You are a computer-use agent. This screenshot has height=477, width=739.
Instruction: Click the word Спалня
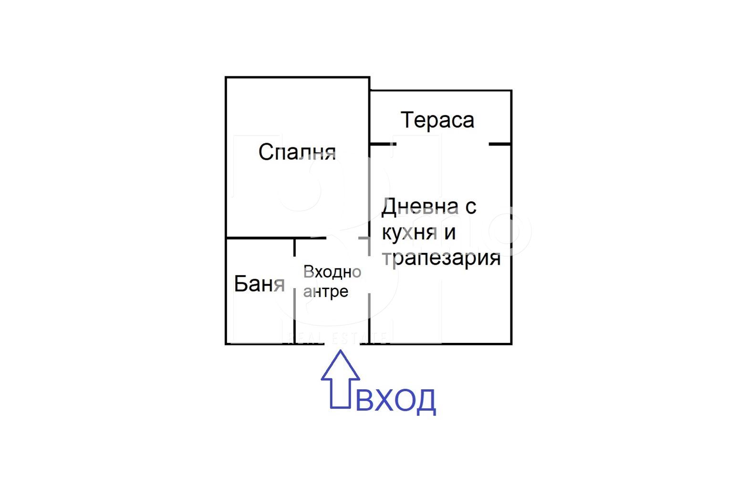297,152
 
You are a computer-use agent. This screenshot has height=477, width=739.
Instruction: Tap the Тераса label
437,120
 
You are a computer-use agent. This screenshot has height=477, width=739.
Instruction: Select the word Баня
259,284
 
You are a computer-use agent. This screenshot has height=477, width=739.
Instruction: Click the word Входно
332,272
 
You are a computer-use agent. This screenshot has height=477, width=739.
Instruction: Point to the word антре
325,291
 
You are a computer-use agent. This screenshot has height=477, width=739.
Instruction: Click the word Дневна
420,207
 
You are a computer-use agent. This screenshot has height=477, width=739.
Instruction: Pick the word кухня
409,233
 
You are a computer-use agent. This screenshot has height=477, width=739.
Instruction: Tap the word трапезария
441,258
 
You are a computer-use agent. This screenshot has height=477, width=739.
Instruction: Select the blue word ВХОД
396,401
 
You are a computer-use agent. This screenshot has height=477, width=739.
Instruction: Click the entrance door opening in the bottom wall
342,343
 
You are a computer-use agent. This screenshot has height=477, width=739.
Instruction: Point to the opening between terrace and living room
442,144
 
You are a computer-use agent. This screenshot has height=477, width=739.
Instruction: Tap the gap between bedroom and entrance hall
343,238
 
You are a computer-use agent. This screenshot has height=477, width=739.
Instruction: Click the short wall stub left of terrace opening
383,144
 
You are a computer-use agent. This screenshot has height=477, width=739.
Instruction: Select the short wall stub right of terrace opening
500,144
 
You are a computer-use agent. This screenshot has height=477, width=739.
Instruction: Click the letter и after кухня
449,233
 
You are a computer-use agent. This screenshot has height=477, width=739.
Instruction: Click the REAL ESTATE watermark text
337,338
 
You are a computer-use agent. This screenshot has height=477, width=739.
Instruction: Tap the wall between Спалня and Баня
260,238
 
